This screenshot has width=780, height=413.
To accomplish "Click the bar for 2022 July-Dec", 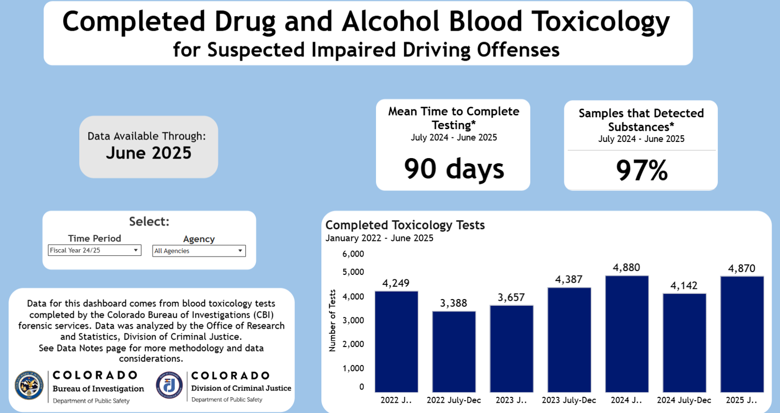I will (454, 352).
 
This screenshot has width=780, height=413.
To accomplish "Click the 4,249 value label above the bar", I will (396, 283).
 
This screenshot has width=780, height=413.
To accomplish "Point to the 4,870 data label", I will (741, 269).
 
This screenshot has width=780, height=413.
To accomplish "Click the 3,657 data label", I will (511, 297).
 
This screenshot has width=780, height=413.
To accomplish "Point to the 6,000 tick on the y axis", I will (353, 254).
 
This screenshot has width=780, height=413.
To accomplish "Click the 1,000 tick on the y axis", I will (353, 368).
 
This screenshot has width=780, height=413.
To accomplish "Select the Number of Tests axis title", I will (332, 320).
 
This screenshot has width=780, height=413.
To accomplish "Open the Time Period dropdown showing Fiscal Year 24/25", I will (94, 250).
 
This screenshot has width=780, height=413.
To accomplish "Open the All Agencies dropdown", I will (199, 251).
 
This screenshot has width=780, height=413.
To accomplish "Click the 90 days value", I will (453, 168).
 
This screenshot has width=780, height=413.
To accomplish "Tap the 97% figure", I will (641, 170).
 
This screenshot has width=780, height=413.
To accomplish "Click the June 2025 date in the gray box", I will (149, 153).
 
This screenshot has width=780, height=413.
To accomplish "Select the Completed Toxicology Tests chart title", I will (405, 225).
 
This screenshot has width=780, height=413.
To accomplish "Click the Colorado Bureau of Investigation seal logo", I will (29, 385).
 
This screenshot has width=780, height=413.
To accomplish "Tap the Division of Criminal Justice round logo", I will (169, 385).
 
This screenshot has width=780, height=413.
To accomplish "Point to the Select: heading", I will (149, 221).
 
